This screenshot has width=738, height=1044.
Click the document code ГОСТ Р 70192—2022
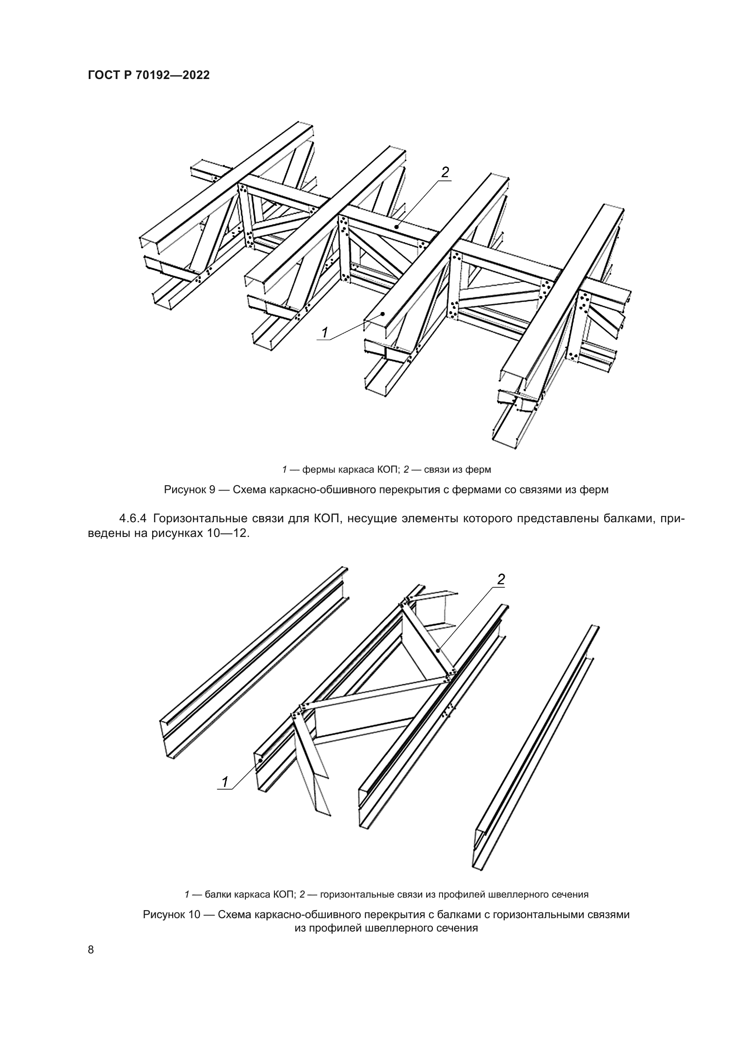click(149, 75)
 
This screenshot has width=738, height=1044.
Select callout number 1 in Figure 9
click(324, 333)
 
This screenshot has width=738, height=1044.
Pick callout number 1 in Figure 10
click(224, 782)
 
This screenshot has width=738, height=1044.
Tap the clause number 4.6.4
click(133, 518)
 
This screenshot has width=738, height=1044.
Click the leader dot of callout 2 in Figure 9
click(397, 226)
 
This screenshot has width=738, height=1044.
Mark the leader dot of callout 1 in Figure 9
click(383, 313)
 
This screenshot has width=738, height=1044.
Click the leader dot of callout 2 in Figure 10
click(438, 651)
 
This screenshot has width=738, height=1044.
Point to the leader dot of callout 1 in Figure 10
click(261, 760)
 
